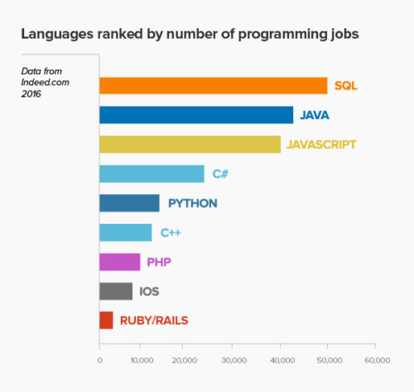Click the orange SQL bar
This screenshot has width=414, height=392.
pyautogui.click(x=213, y=85)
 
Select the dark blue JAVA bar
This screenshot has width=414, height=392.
pyautogui.click(x=196, y=115)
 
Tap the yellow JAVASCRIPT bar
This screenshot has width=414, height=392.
pyautogui.click(x=190, y=144)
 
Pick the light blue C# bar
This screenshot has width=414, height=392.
pyautogui.click(x=152, y=174)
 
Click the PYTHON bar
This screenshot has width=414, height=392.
pyautogui.click(x=129, y=203)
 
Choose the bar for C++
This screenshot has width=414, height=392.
pyautogui.click(x=125, y=232)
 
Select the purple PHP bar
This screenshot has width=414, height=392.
pyautogui.click(x=119, y=262)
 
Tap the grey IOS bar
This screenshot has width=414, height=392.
pyautogui.click(x=115, y=291)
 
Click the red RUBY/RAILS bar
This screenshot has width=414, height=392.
pyautogui.click(x=106, y=320)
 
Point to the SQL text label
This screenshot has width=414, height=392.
pyautogui.click(x=345, y=85)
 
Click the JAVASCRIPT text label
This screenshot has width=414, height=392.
pyautogui.click(x=321, y=144)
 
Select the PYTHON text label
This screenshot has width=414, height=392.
pyautogui.click(x=193, y=203)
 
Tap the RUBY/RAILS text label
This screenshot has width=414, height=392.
pyautogui.click(x=153, y=320)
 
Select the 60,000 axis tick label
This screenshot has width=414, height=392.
pyautogui.click(x=375, y=360)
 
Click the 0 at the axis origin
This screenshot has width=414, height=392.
pyautogui.click(x=99, y=360)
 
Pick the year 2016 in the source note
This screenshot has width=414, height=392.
pyautogui.click(x=32, y=94)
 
